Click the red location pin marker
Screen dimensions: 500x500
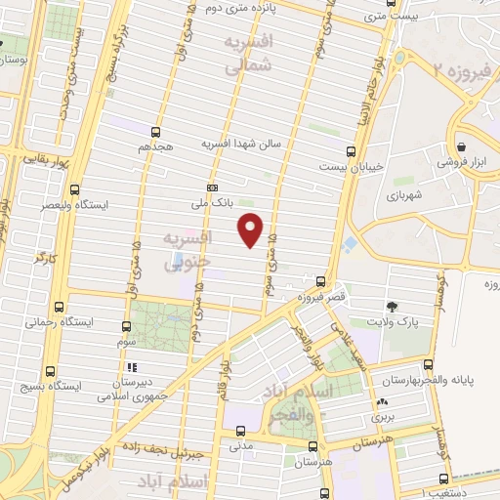(x=251, y=229)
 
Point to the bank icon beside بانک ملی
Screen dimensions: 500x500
(x=212, y=187)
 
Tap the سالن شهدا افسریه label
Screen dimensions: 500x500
(x=241, y=143)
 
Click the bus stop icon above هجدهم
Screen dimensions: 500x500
(x=155, y=131)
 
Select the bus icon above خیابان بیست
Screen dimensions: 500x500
(x=351, y=150)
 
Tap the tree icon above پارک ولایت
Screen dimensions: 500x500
(x=393, y=307)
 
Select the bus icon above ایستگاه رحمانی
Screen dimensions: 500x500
(x=61, y=305)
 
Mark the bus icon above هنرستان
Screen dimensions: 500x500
(x=312, y=446)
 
